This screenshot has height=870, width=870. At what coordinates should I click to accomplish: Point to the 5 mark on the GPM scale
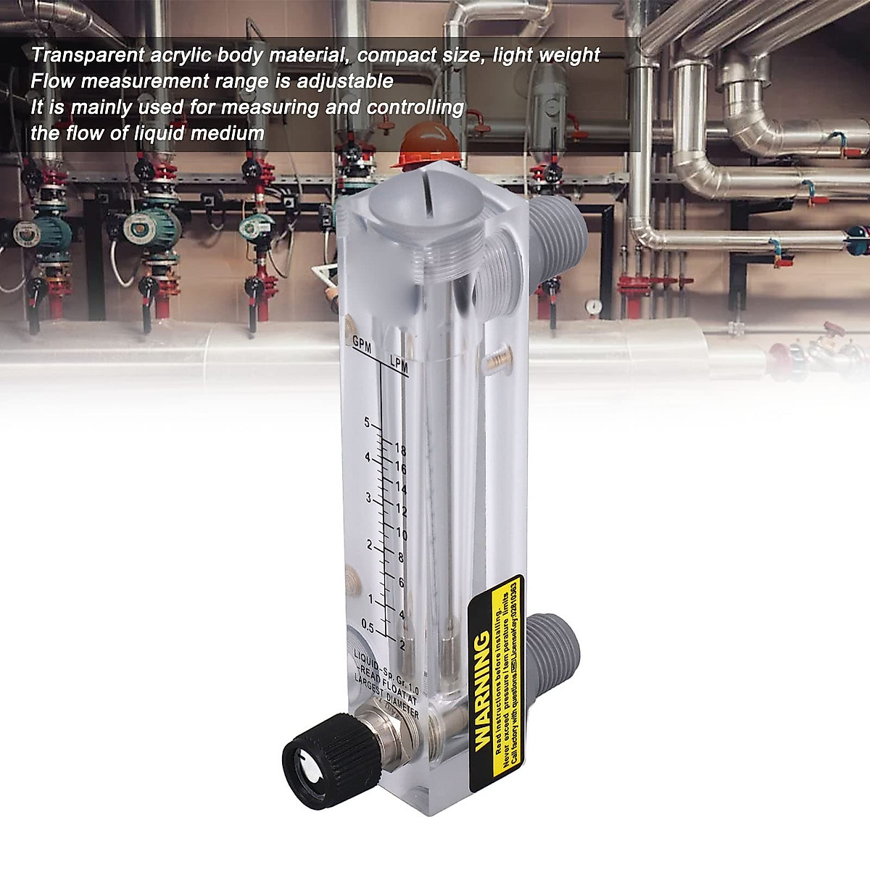pyautogui.click(x=368, y=423)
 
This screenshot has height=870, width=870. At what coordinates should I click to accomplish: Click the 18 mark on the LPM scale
pyautogui.click(x=399, y=450)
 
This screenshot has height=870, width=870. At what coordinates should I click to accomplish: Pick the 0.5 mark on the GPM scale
pyautogui.click(x=368, y=628)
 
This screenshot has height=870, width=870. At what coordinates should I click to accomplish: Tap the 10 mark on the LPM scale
pyautogui.click(x=401, y=536)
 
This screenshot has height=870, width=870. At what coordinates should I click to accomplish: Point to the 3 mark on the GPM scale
pyautogui.click(x=368, y=498)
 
